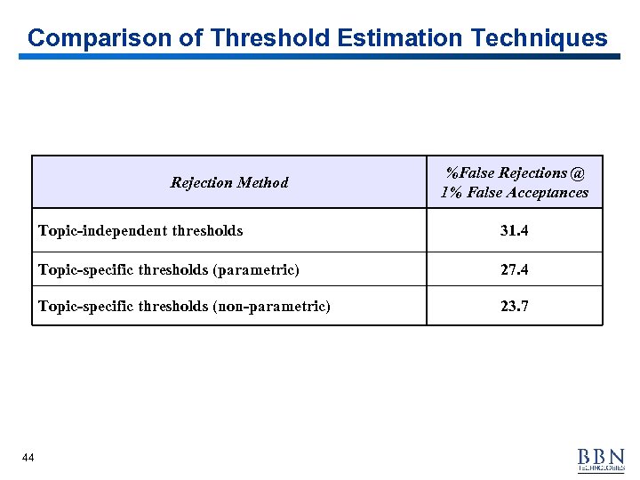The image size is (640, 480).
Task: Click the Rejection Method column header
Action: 229,182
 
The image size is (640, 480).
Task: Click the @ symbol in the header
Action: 579,172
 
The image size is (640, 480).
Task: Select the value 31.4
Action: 514,230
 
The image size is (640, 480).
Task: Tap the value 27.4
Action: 514,269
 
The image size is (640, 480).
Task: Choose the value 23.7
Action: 514,307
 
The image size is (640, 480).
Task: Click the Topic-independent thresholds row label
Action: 140,230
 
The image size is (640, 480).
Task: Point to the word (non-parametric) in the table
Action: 271,307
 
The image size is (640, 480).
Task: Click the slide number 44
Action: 28,457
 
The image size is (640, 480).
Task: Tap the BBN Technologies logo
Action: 601,459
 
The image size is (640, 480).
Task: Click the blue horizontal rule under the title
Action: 320,57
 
